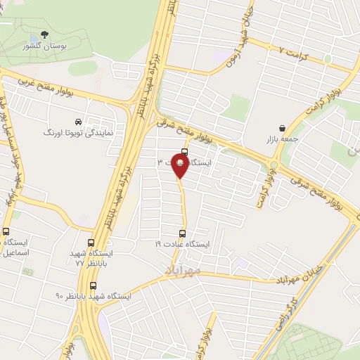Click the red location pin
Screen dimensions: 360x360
pyautogui.click(x=180, y=167)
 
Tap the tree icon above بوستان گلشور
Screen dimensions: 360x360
pyautogui.click(x=46, y=34)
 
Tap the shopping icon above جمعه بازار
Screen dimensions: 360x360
pyautogui.click(x=282, y=129)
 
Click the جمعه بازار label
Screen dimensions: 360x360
pyautogui.click(x=283, y=139)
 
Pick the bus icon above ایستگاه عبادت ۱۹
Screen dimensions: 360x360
pyautogui.click(x=183, y=234)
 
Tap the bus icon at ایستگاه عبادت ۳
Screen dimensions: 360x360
pyautogui.click(x=184, y=151)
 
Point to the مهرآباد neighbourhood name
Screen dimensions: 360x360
pyautogui.click(x=184, y=269)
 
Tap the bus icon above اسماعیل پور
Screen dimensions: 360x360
pyautogui.click(x=6, y=232)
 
